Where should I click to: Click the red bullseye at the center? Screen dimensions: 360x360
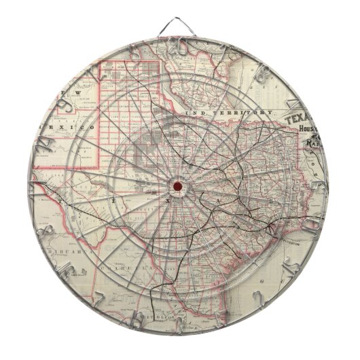[x=178, y=186]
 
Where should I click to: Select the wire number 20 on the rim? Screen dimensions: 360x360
[x=180, y=46]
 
